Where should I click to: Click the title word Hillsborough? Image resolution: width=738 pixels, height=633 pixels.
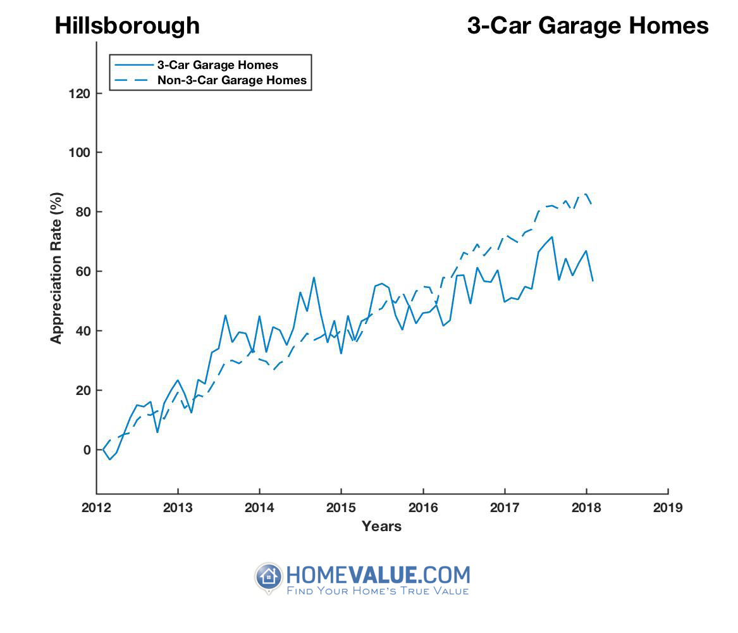pos(127,26)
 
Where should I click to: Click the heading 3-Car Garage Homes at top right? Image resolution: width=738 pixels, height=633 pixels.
pos(587,26)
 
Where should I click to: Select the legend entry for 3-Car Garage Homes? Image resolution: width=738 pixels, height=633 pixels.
pos(218,65)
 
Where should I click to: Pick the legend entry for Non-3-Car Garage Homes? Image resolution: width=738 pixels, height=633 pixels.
pos(231,80)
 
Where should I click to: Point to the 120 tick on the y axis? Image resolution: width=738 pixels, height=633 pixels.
pos(80,93)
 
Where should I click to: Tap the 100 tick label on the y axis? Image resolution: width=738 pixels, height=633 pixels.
pos(80,153)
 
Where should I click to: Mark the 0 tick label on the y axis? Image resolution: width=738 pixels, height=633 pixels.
pos(87,450)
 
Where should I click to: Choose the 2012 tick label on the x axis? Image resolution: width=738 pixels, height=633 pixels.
pos(96,508)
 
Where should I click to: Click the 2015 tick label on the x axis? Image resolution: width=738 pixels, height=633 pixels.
pos(341,508)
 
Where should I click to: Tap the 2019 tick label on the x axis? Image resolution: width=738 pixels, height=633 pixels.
pos(668,508)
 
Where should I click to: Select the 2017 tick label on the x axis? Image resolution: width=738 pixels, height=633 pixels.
pos(505,508)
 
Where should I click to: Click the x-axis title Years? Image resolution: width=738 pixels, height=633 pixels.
pos(381,526)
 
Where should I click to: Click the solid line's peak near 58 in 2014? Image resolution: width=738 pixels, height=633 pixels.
pos(314,277)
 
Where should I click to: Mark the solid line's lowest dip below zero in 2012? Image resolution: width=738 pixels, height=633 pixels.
pos(110,459)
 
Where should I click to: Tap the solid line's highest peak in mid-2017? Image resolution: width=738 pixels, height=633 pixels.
pos(552,237)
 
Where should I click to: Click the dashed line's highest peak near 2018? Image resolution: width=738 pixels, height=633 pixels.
pos(586,194)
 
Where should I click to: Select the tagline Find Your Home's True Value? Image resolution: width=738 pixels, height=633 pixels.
pos(378,591)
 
